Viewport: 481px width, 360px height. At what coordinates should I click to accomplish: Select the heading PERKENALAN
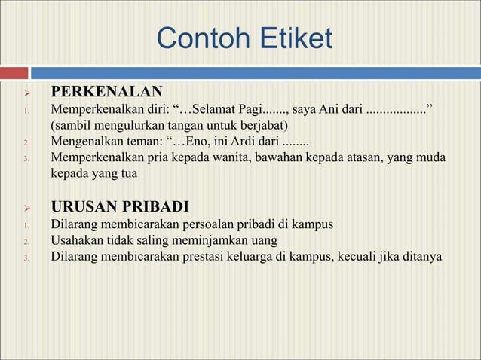pos(106,93)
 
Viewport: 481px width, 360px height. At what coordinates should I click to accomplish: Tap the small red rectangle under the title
pos(15,73)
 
